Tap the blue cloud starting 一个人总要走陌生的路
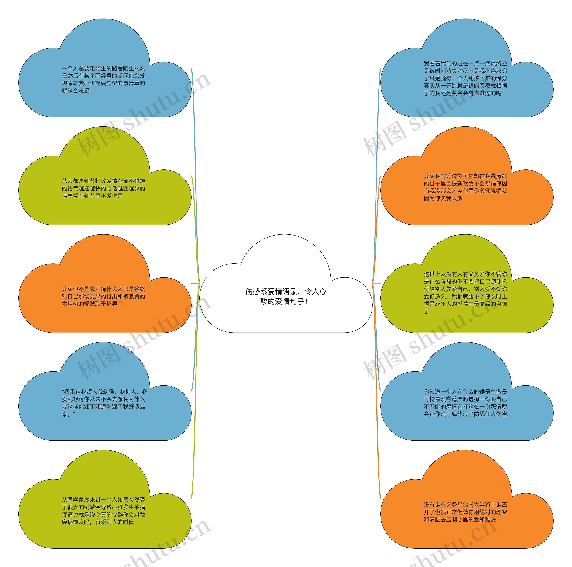tap(104, 89)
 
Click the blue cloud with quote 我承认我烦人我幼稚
tap(104, 414)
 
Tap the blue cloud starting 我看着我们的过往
tap(466, 89)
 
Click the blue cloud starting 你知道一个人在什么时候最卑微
tap(466, 414)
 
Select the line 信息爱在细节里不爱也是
tap(92, 196)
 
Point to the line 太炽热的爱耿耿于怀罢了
tap(92, 304)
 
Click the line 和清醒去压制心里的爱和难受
tap(460, 520)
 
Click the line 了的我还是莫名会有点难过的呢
tap(463, 93)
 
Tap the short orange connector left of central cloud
tap(195, 283)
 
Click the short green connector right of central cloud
tap(376, 283)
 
